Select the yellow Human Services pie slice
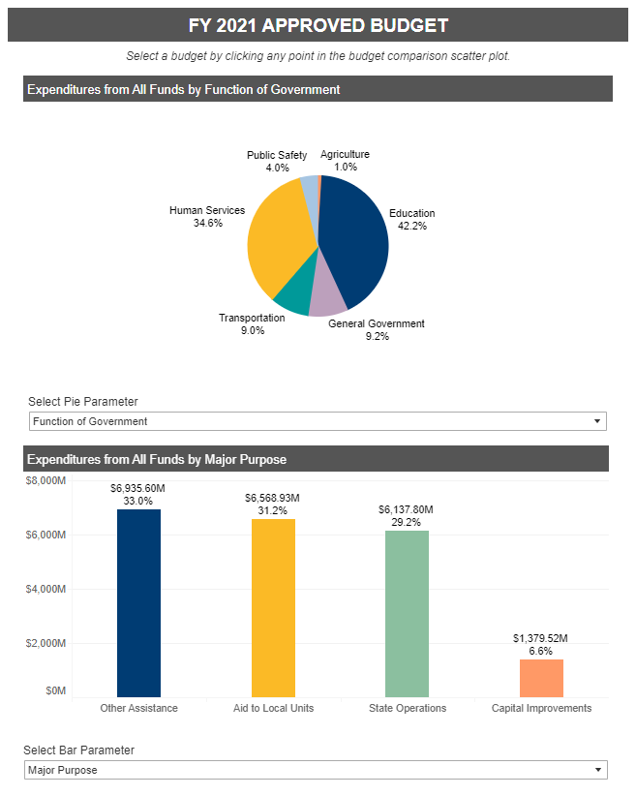(x=277, y=238)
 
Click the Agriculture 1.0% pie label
(x=346, y=161)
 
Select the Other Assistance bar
(x=138, y=603)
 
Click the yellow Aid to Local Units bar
(x=273, y=608)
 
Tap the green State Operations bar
(x=407, y=614)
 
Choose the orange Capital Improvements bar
(x=541, y=678)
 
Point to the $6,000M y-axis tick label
(x=45, y=536)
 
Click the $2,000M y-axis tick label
(x=45, y=643)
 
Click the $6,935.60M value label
(x=138, y=488)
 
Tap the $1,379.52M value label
(x=540, y=638)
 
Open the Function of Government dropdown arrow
(x=597, y=421)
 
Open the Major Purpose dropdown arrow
(x=598, y=770)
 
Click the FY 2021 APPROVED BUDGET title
(x=318, y=25)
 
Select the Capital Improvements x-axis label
(x=541, y=708)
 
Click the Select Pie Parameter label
(x=82, y=402)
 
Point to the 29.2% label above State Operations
(x=406, y=522)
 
